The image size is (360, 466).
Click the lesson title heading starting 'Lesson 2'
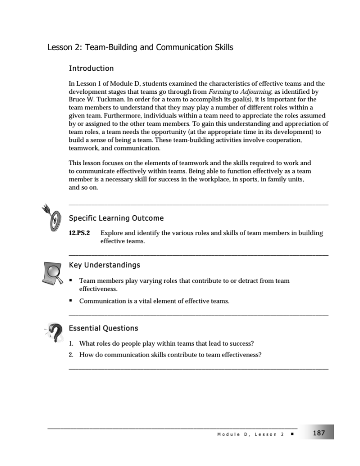[140, 48]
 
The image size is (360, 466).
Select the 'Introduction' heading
[91, 68]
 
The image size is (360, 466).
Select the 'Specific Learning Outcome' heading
[116, 218]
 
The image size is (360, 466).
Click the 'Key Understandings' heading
[104, 265]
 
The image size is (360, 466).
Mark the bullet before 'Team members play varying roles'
[71, 281]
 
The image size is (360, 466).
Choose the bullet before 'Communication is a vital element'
[71, 301]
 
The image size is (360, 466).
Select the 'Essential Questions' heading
[103, 328]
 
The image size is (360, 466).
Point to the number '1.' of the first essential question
[71, 344]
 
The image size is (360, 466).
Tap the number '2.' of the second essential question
[71, 355]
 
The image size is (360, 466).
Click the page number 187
[319, 433]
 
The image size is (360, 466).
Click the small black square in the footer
[292, 434]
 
